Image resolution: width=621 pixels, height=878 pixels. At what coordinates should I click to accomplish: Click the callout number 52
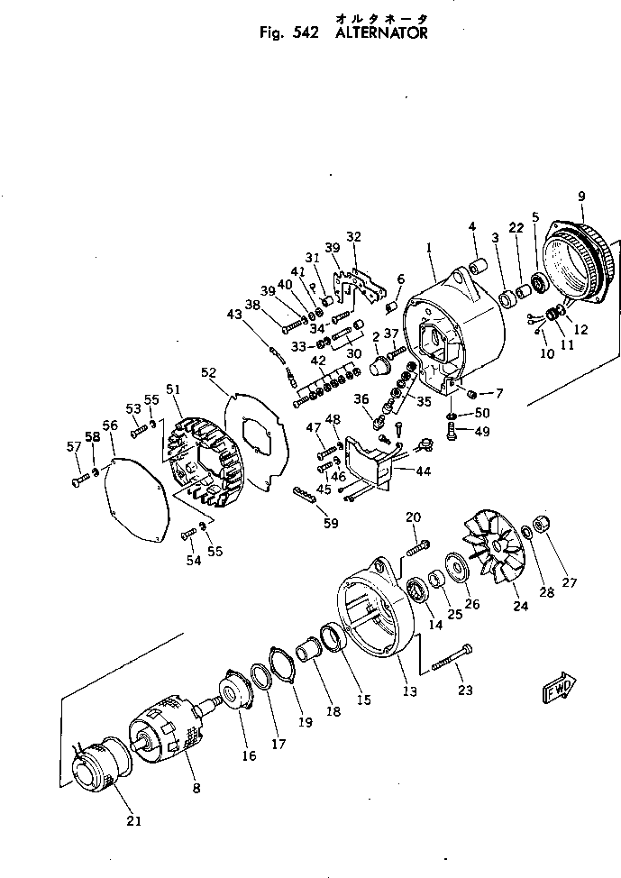coord(209,371)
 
